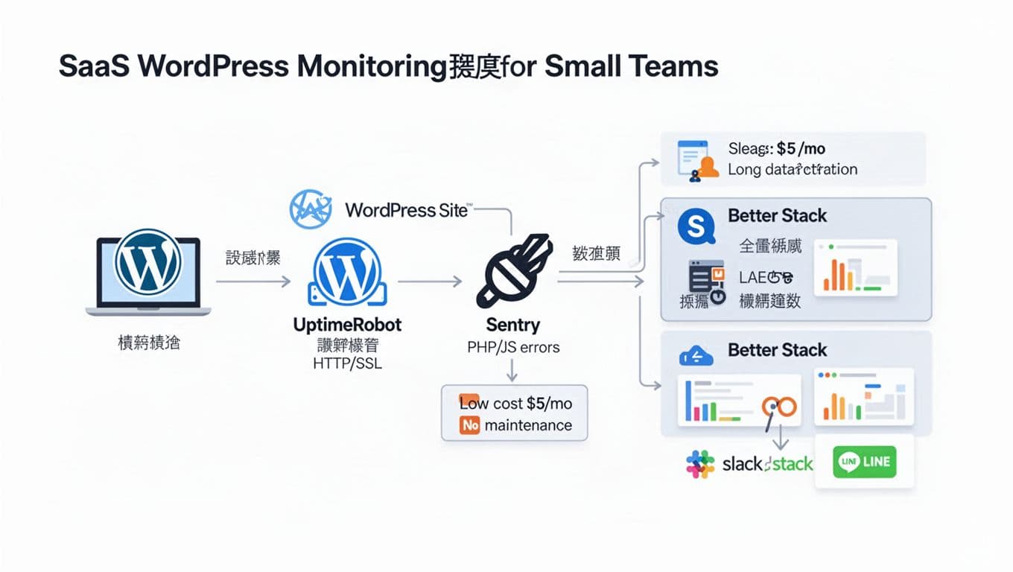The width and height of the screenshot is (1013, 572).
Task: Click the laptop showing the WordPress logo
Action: point(147,271)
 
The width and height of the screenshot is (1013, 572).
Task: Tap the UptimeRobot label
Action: point(347,325)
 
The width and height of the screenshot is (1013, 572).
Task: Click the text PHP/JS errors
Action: point(513,346)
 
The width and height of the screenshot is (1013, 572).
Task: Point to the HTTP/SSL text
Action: point(347,365)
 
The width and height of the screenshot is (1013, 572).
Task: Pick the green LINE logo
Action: point(865,462)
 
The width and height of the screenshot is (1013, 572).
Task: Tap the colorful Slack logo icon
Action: point(700,464)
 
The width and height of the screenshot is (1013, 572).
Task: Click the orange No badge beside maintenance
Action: point(469,426)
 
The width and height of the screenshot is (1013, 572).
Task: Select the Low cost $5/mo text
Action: point(515,404)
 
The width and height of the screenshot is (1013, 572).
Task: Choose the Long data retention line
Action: point(793,170)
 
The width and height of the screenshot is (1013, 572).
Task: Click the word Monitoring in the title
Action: point(371,66)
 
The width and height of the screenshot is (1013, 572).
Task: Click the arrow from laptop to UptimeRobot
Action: point(253,282)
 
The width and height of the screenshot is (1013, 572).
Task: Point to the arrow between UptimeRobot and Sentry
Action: point(430,282)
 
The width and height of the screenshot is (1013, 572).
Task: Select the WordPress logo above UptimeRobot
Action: point(347,271)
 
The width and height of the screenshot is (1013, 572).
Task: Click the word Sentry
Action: point(512,325)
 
